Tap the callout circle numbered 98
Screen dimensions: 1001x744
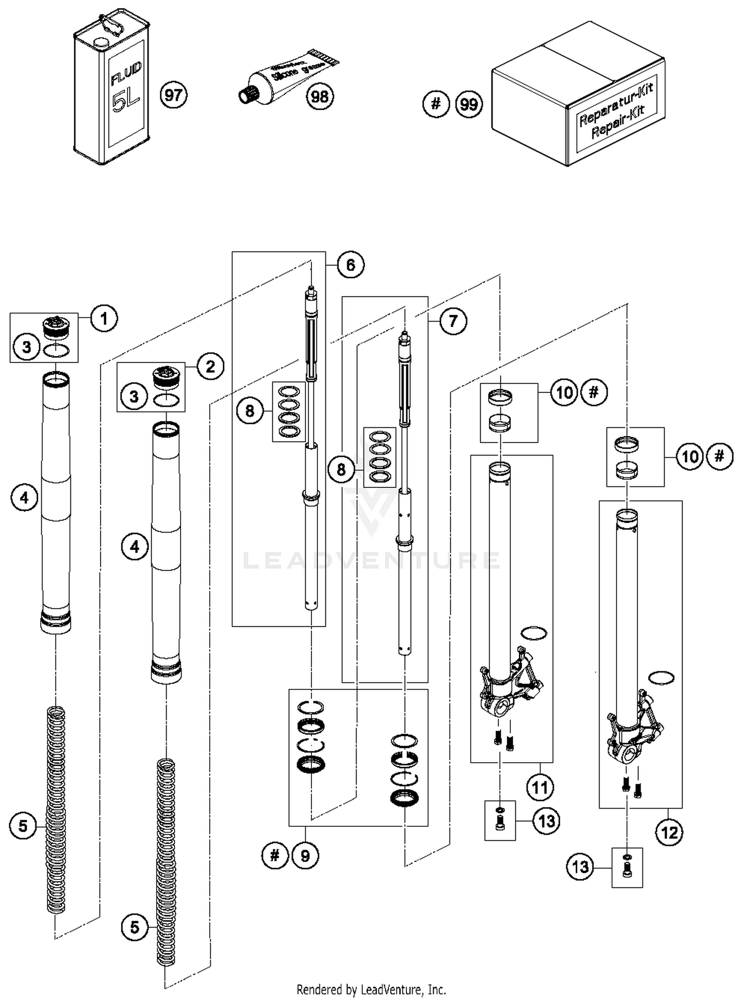pos(320,96)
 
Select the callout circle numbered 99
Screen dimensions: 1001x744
pos(469,104)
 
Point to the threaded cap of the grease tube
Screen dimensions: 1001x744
pos(246,94)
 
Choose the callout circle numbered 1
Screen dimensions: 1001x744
pos(104,319)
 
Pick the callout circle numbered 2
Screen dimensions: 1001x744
pos(210,367)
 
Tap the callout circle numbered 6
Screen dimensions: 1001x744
pos(350,265)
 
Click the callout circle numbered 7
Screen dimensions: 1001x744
pos(452,321)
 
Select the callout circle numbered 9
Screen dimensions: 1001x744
pos(305,855)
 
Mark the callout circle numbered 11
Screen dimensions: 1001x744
pos(539,787)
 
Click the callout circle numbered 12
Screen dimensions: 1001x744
pos(669,832)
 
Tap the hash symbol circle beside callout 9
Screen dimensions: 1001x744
pos(275,855)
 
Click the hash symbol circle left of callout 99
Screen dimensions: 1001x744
pos(435,104)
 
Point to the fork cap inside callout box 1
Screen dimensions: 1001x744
pos(56,328)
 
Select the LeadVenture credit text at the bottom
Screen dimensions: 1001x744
pos(371,990)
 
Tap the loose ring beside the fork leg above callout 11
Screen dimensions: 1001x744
pos(534,633)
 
